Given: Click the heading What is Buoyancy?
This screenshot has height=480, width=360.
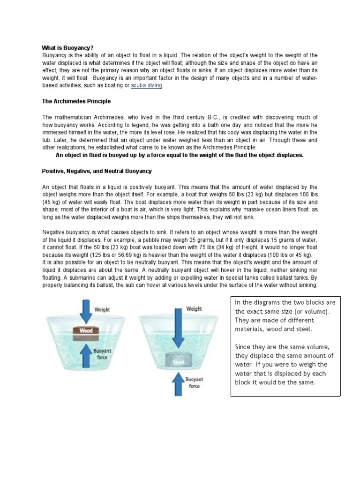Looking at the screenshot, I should point(68,48).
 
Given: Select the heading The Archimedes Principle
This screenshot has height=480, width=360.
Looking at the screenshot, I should point(76,101).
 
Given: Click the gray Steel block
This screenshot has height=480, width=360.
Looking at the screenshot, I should point(179,362).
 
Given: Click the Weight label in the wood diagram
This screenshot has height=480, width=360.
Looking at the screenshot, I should point(102,309).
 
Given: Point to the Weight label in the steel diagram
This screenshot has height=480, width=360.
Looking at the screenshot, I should point(194,308).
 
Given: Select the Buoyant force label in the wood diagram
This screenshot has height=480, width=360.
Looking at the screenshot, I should point(102,353).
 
